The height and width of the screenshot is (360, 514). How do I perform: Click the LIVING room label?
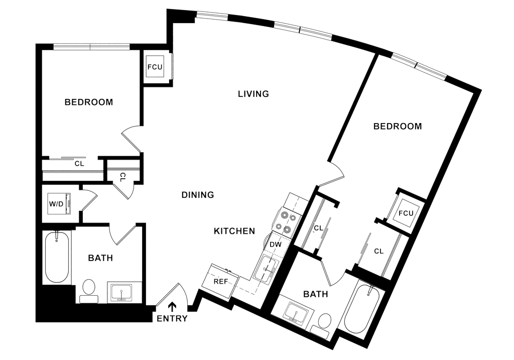point(254,94)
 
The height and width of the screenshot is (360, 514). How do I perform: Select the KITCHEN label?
point(235,231)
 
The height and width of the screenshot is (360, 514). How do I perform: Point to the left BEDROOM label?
point(90,102)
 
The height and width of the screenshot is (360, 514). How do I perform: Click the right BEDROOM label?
point(398,127)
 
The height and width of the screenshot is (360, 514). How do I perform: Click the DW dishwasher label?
point(275,244)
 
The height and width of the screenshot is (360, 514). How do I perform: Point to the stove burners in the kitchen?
point(286,221)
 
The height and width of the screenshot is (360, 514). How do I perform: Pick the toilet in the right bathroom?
point(325,321)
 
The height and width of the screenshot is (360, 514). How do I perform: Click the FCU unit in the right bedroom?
point(406,213)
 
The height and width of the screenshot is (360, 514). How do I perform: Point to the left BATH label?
point(101,259)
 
